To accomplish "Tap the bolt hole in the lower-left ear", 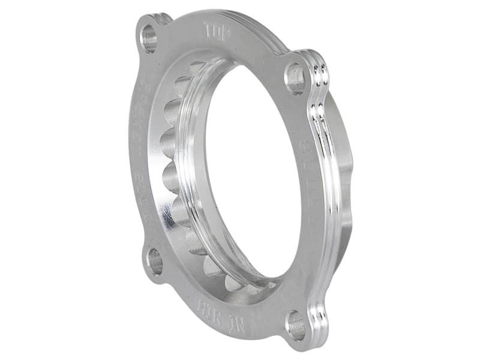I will (155, 262).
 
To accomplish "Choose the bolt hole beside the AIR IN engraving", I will (296, 326).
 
